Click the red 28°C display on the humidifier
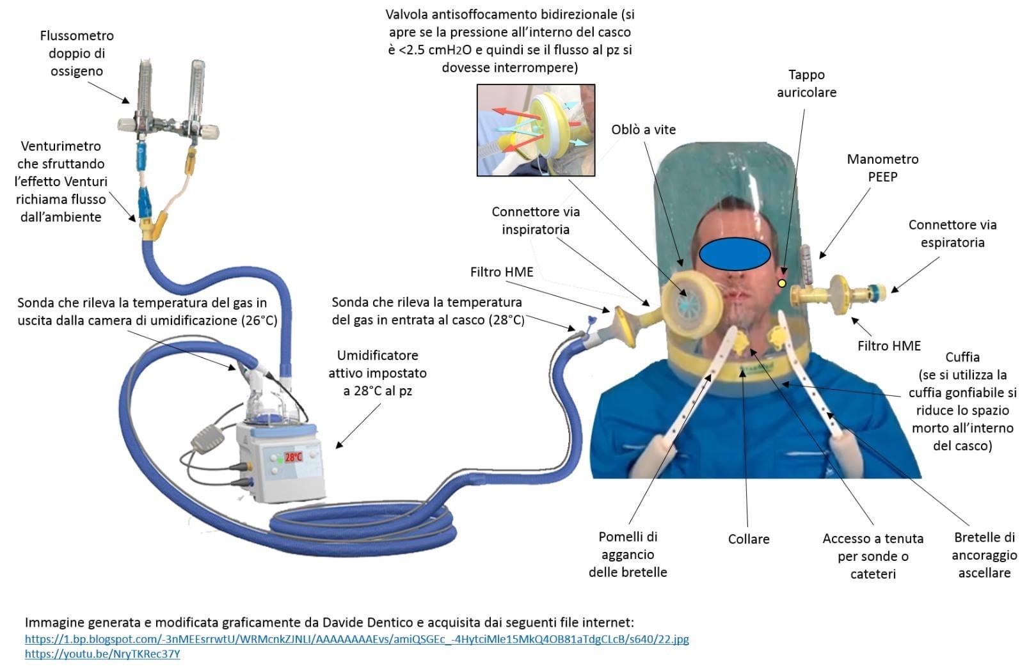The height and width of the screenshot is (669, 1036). coord(293,457)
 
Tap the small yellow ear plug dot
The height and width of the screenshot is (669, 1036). coord(781,283)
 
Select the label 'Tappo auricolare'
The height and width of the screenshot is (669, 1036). coord(806,84)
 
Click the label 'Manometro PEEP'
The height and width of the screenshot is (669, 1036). coord(882,168)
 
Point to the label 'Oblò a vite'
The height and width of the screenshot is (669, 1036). coord(643,130)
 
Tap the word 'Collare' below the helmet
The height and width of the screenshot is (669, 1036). coord(748,539)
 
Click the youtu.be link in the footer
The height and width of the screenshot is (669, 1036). coord(102,654)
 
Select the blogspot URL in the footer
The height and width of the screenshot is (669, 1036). coord(356,639)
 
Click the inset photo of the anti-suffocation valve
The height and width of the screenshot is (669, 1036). coord(536,130)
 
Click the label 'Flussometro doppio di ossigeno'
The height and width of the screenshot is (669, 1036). coord(77,54)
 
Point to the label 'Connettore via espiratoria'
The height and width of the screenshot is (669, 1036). coord(952,233)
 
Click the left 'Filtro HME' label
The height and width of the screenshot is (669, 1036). coord(502,272)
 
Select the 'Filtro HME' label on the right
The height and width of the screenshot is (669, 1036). coord(889,346)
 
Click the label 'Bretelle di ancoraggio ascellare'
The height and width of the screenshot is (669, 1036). coord(984,555)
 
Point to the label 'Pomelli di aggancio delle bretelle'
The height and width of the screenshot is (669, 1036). coord(628,555)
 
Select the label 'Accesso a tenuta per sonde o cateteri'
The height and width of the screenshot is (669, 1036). coord(873,556)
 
